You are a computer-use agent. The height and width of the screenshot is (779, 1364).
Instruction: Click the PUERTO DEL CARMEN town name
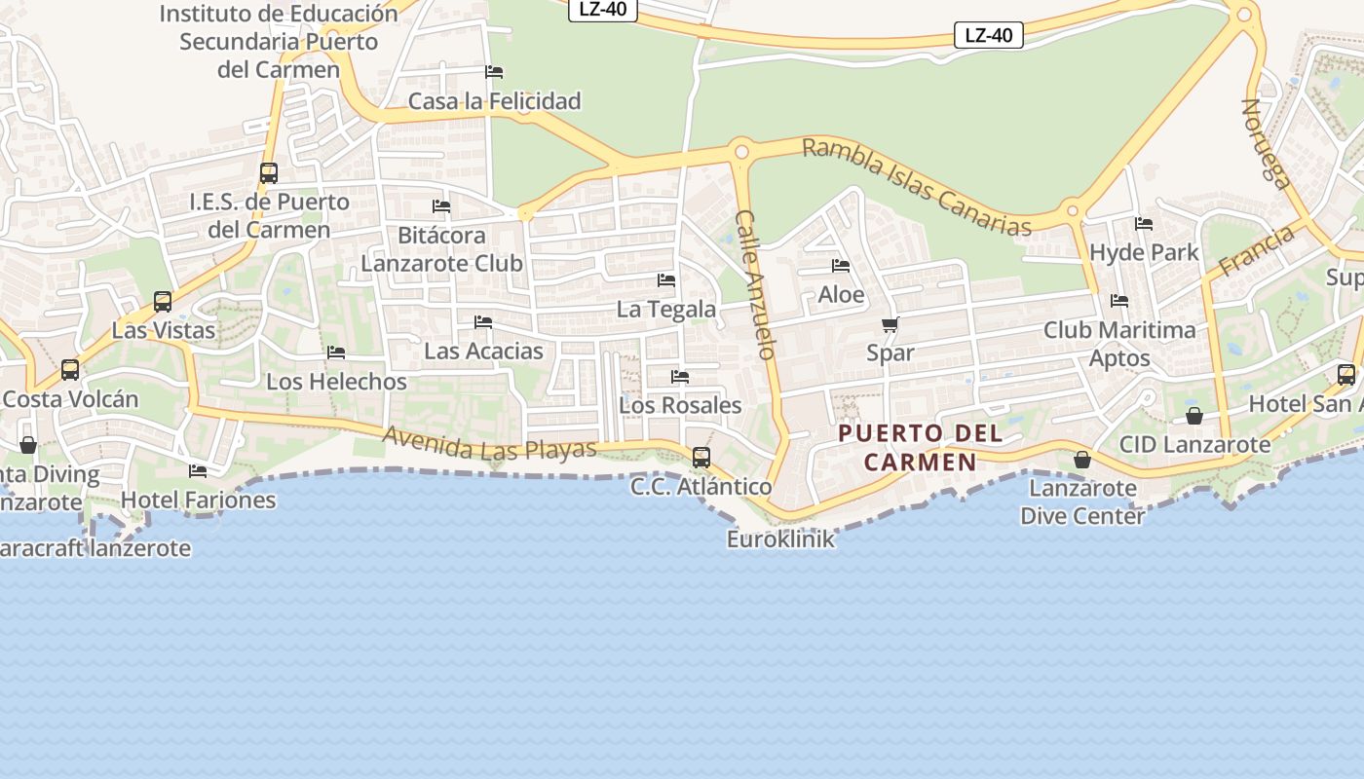(920, 447)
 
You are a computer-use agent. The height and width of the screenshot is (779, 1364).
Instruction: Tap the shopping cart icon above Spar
(890, 324)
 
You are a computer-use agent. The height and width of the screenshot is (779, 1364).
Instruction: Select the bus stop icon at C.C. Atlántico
(701, 457)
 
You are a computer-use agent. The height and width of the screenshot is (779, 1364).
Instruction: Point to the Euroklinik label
(780, 538)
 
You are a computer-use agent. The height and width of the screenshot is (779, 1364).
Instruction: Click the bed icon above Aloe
(841, 266)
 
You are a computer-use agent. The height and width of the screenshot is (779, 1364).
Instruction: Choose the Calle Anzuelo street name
(755, 284)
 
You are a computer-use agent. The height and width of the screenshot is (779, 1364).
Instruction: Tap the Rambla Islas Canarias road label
(916, 187)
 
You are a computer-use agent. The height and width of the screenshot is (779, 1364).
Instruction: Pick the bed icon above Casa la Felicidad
(494, 72)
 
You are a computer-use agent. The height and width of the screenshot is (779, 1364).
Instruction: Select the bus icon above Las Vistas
(163, 302)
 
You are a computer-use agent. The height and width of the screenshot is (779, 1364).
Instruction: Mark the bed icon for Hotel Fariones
(198, 471)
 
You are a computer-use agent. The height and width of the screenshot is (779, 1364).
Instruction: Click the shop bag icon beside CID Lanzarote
(1194, 416)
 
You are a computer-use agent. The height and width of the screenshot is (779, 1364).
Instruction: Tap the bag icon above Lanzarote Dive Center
(1081, 460)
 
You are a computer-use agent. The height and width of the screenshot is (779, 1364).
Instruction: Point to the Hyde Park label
(1144, 252)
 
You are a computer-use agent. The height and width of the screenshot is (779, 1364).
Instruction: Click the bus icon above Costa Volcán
(70, 370)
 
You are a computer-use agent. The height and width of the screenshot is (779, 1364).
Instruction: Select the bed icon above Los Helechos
(336, 352)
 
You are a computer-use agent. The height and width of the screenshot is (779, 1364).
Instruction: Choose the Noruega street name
(1266, 143)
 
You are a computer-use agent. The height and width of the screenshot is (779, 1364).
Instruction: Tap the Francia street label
(1257, 249)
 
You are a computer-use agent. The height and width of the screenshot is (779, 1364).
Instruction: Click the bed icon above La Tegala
(666, 280)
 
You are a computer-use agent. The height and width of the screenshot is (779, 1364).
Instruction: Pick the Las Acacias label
(483, 351)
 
